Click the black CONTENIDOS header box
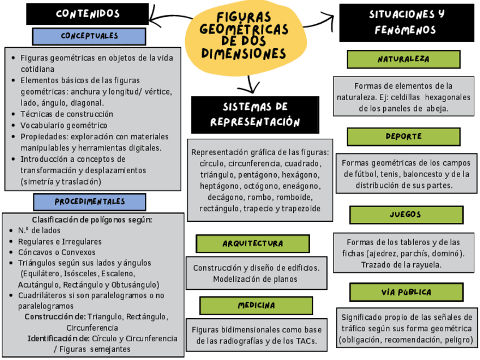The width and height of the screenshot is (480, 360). (x=87, y=14)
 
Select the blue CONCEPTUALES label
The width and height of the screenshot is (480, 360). (x=89, y=36)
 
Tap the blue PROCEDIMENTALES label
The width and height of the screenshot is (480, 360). (x=89, y=202)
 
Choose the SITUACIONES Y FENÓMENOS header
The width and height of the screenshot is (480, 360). (x=406, y=22)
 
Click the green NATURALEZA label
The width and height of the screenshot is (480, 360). (x=403, y=59)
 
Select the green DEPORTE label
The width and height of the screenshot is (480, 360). (x=403, y=136)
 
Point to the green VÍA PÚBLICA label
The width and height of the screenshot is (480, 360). (x=406, y=292)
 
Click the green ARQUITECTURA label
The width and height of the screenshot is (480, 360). (x=252, y=243)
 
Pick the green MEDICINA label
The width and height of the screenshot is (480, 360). (x=256, y=305)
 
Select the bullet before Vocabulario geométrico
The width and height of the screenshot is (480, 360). (x=14, y=125)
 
